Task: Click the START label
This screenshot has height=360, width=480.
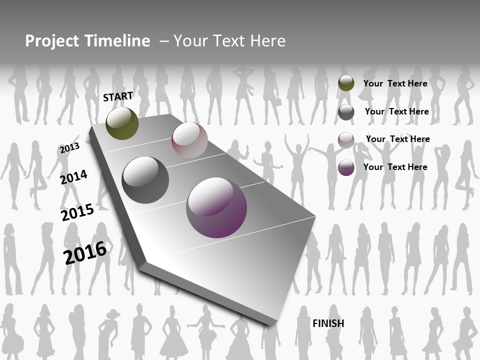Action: [118, 96]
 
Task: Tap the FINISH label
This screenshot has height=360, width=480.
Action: [328, 323]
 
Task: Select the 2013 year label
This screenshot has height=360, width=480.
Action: [69, 148]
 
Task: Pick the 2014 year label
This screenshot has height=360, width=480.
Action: [73, 177]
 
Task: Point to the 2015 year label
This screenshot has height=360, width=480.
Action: [77, 212]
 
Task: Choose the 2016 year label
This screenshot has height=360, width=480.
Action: [85, 252]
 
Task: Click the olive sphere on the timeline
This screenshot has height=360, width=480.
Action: [122, 123]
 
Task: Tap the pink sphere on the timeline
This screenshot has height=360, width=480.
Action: [189, 140]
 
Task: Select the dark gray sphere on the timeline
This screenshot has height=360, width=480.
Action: [145, 180]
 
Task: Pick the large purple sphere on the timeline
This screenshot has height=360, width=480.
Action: [216, 207]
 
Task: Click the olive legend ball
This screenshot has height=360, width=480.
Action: [346, 83]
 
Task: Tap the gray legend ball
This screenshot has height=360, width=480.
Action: [346, 112]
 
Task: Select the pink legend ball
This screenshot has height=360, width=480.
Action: [346, 140]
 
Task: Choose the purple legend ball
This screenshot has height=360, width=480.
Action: [346, 167]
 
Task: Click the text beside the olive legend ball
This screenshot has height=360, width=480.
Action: [395, 83]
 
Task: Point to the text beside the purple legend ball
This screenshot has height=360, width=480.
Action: [395, 167]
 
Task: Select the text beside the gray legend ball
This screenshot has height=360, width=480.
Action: [396, 111]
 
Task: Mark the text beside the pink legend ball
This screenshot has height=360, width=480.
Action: [397, 139]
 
